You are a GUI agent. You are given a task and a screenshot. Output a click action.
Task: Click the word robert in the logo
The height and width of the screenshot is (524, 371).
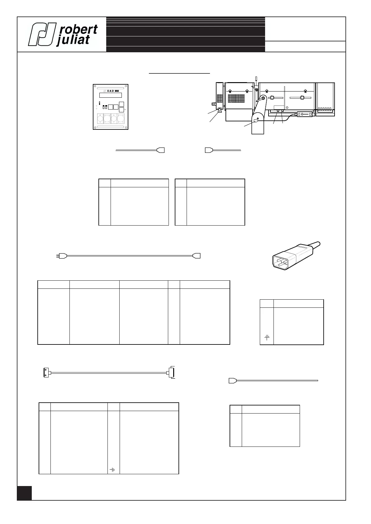[78, 30]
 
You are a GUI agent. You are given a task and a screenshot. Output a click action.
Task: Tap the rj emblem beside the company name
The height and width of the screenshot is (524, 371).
[42, 34]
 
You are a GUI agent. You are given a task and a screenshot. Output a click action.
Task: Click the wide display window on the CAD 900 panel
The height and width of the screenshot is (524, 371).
[111, 95]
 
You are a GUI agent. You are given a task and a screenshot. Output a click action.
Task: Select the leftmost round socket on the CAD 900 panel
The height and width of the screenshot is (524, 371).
[100, 119]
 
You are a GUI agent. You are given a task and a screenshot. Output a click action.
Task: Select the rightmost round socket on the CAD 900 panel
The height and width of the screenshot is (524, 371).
[121, 119]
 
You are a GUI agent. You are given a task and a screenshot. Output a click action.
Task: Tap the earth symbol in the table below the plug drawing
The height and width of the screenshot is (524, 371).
[267, 337]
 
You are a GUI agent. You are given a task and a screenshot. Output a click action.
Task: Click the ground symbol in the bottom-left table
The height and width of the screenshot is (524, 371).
[112, 470]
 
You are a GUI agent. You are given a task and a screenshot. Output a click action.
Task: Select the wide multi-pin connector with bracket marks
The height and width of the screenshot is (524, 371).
[171, 372]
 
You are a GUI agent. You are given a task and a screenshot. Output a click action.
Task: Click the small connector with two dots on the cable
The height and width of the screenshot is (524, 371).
[46, 372]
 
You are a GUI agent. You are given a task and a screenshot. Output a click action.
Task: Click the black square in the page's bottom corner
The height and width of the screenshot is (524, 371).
[24, 493]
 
